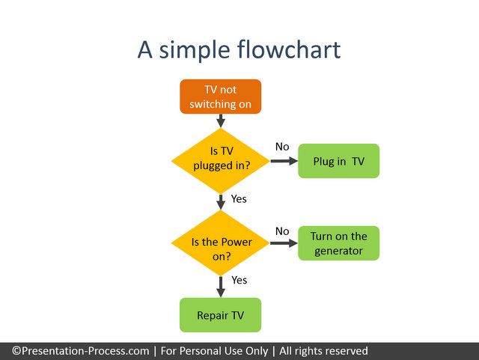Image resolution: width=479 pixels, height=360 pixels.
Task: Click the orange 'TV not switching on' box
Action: pyautogui.click(x=221, y=97)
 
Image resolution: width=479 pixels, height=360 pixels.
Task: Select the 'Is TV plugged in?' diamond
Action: pyautogui.click(x=221, y=161)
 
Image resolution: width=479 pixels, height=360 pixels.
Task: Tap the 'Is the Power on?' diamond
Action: pyautogui.click(x=221, y=243)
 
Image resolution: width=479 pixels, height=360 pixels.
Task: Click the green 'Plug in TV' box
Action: pyautogui.click(x=339, y=161)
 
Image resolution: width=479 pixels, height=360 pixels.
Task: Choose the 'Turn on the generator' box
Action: pyautogui.click(x=339, y=243)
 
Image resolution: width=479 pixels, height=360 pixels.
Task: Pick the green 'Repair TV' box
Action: pyautogui.click(x=221, y=315)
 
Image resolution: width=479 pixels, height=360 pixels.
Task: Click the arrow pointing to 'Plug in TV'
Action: pyautogui.click(x=284, y=161)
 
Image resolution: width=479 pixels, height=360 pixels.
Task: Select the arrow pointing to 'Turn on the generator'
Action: pyautogui.click(x=284, y=243)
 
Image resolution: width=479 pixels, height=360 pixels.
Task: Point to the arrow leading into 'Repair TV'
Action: pyautogui.click(x=221, y=287)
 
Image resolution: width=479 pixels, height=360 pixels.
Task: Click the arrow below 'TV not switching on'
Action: pyautogui.click(x=221, y=120)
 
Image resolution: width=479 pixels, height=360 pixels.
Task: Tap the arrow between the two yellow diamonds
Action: pyautogui.click(x=221, y=202)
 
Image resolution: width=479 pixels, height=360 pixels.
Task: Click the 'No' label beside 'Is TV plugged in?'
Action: pyautogui.click(x=282, y=147)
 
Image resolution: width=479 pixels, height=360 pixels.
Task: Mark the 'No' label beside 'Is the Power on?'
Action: pyautogui.click(x=282, y=231)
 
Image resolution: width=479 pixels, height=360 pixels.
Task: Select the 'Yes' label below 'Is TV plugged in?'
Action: pyautogui.click(x=239, y=199)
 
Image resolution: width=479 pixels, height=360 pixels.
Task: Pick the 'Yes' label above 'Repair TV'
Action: pyautogui.click(x=239, y=280)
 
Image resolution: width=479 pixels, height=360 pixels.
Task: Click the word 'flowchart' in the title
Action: pyautogui.click(x=289, y=49)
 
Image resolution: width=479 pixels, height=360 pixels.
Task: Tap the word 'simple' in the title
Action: pyautogui.click(x=195, y=50)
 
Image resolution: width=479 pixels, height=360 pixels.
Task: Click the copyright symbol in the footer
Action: pyautogui.click(x=16, y=351)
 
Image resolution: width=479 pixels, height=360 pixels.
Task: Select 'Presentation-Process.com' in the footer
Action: pyautogui.click(x=85, y=351)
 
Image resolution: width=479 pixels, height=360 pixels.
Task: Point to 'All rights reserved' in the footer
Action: pyautogui.click(x=323, y=351)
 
